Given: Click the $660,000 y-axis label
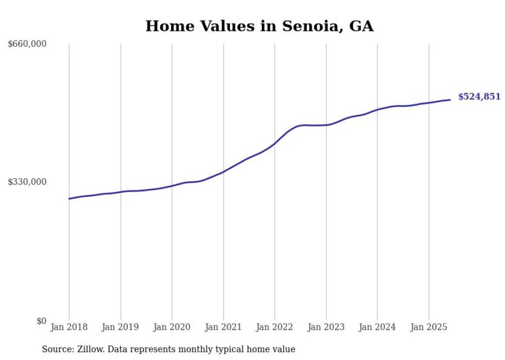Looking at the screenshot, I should (27, 44).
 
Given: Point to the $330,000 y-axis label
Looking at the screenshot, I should (27, 182).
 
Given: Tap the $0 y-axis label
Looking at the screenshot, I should (41, 321).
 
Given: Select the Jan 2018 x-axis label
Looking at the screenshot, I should (69, 327).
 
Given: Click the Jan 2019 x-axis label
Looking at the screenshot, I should (121, 327).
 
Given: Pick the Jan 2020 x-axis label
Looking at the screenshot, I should (172, 327).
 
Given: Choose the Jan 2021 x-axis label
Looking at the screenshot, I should (223, 327).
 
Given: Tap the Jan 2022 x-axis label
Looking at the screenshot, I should (275, 327).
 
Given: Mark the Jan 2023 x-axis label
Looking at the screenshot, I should (326, 327).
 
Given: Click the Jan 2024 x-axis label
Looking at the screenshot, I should (377, 327).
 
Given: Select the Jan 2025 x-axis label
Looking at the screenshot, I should (429, 327).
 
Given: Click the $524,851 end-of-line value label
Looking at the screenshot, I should (479, 97).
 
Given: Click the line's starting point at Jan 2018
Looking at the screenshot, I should (69, 199).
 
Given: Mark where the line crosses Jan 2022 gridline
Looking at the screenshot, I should (275, 144).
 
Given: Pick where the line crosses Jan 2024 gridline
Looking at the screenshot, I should (377, 110).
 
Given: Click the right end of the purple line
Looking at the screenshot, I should (450, 100).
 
